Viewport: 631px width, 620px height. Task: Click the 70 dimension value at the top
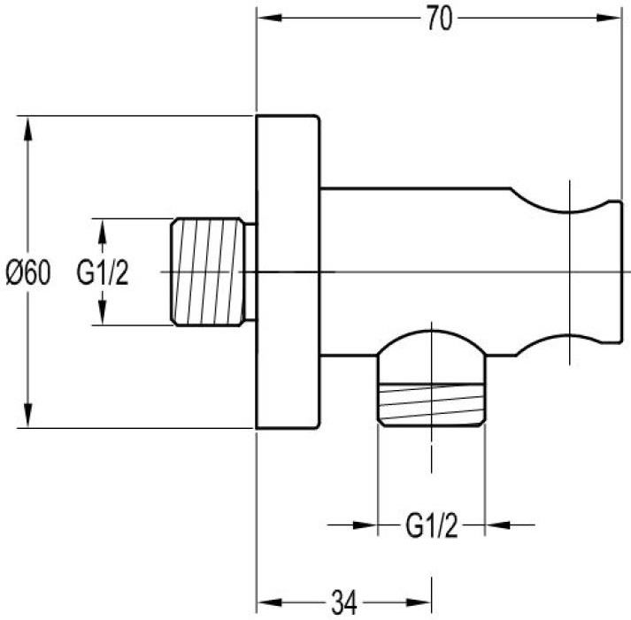coord(439,19)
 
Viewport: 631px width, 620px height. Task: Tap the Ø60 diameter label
coord(28,272)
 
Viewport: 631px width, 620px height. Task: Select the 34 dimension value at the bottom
coord(343,602)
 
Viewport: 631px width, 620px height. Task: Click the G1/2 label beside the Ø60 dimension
coord(103,272)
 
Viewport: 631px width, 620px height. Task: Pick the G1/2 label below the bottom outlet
coord(431,525)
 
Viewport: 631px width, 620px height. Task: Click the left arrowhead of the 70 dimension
coord(269,18)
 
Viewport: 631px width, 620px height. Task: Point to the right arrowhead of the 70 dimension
coord(609,18)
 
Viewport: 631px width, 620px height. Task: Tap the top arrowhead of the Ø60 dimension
coord(27,128)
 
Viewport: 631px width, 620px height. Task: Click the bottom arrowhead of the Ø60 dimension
coord(27,415)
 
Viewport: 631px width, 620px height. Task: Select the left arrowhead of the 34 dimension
coord(269,602)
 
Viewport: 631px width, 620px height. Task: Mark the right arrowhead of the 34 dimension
coord(419,602)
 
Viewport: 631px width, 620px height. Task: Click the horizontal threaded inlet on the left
coord(208,272)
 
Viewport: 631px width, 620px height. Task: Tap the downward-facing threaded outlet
coord(431,404)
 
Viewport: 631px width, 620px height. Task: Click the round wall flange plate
coord(289,272)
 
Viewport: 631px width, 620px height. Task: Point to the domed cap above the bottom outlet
coord(431,342)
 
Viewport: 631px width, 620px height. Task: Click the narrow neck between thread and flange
coord(250,272)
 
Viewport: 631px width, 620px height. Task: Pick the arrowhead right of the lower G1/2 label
coord(497,525)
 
